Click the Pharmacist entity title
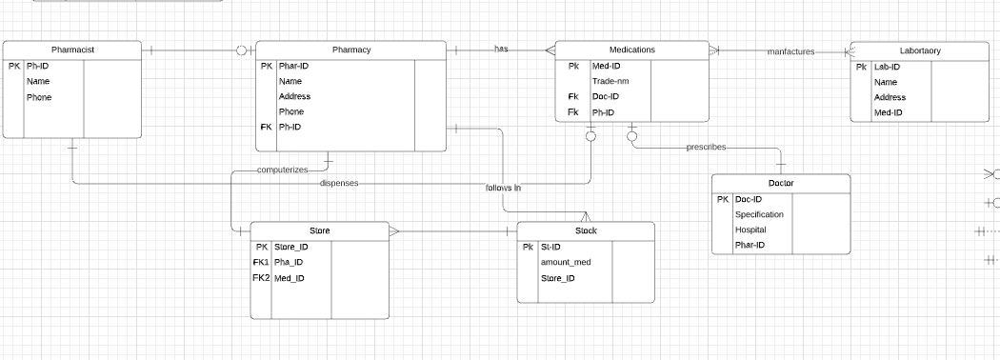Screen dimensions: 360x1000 (72, 50)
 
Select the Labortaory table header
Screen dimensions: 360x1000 (919, 50)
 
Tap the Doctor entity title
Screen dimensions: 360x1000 (781, 183)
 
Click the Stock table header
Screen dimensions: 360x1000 (586, 231)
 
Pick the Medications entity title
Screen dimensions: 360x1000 (631, 50)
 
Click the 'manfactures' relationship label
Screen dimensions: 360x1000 (790, 51)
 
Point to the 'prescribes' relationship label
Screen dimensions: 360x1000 (706, 148)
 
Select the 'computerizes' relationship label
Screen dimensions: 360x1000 (283, 170)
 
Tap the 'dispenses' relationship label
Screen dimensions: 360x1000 (339, 183)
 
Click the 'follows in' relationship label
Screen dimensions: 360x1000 (503, 188)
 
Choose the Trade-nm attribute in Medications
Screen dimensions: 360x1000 (610, 81)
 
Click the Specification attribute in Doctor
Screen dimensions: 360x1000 (759, 214)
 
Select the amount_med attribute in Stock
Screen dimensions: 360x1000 (566, 262)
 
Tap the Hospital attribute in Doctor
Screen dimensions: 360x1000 (750, 230)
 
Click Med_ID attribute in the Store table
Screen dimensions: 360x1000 (290, 278)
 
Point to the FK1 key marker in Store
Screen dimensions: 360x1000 (261, 262)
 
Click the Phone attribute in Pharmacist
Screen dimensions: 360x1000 (39, 97)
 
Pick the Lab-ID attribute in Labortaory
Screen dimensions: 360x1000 (887, 67)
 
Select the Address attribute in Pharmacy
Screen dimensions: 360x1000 (294, 96)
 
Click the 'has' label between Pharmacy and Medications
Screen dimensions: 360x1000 (501, 49)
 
